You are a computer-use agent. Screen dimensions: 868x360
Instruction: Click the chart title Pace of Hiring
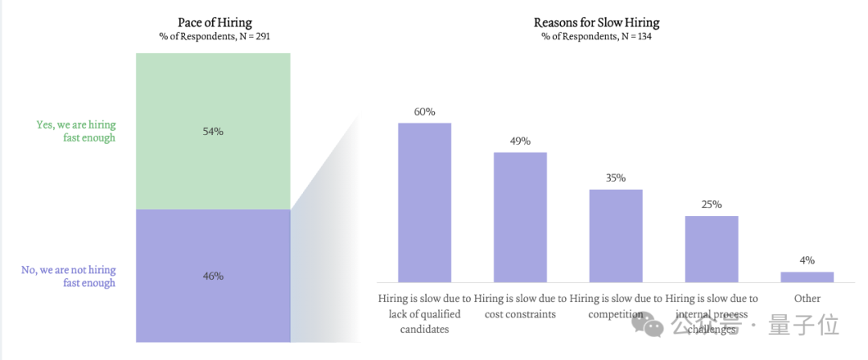215,22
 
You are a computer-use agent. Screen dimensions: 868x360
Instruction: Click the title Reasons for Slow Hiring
596,22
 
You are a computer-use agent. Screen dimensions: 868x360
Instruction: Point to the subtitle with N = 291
215,37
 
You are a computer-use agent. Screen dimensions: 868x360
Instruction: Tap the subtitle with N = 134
596,37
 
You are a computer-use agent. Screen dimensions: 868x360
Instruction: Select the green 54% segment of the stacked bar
213,131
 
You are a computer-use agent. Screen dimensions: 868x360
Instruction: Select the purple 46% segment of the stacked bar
213,276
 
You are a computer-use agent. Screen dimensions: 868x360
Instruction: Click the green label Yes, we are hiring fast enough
76,131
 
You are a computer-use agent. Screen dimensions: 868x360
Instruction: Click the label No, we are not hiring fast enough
68,276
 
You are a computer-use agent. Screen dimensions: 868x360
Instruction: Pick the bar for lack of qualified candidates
424,202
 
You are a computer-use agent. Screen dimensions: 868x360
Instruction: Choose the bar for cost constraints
520,217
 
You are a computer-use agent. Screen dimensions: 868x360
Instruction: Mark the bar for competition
616,236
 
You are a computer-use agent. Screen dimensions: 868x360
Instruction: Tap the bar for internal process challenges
712,249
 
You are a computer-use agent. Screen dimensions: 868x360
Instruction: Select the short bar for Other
807,277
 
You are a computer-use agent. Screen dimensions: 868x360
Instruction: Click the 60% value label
424,112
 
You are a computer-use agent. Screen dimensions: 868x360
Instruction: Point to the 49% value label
520,141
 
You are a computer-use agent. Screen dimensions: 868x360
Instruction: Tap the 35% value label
616,178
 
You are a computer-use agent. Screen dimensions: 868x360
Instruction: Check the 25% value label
712,205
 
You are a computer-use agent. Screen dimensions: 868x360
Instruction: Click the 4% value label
807,261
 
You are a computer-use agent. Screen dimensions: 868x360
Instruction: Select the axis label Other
807,299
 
